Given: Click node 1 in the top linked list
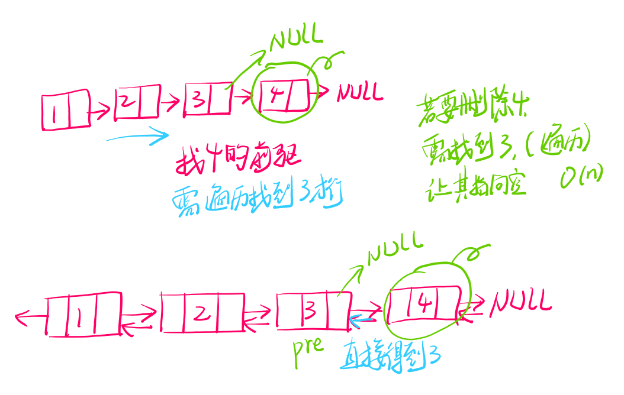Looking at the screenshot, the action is pyautogui.click(x=65, y=111).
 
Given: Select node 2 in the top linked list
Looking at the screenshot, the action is pyautogui.click(x=137, y=102).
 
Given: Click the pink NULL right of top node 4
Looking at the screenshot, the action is pyautogui.click(x=360, y=93).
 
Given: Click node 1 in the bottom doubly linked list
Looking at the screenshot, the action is pyautogui.click(x=83, y=314).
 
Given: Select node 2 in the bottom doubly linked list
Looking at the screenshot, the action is pyautogui.click(x=202, y=313).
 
